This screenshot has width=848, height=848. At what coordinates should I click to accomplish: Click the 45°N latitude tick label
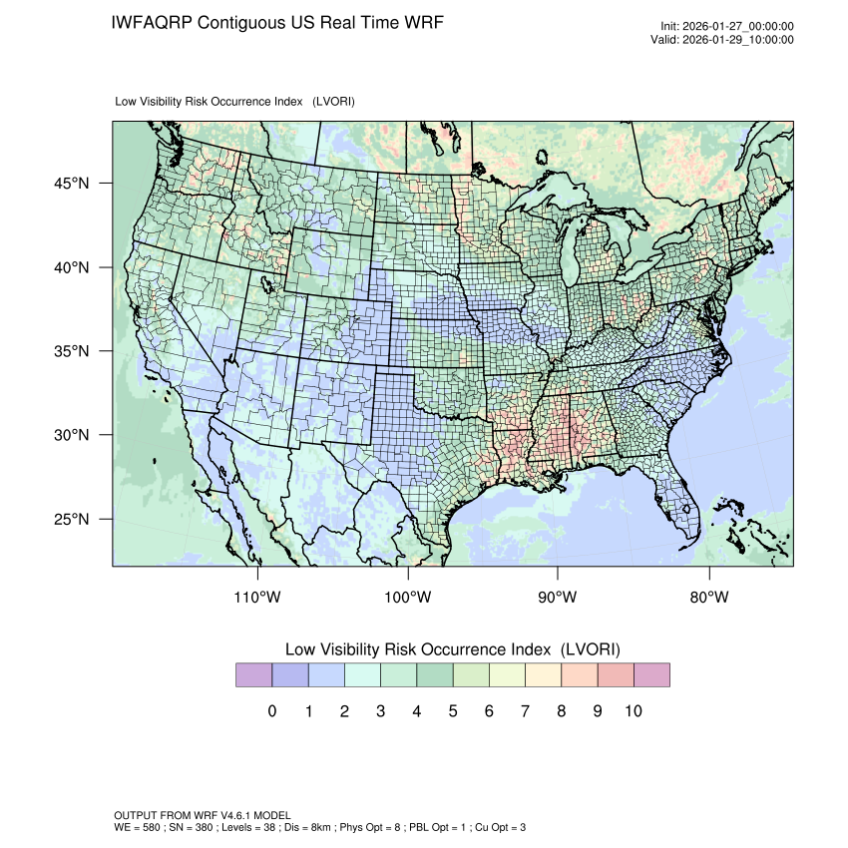click(x=75, y=184)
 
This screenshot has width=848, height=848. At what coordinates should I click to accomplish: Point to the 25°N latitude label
click(x=75, y=520)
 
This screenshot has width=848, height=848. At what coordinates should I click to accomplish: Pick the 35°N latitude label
click(x=75, y=352)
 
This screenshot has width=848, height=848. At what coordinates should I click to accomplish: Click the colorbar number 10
click(x=633, y=711)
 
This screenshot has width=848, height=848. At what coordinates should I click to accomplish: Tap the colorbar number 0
click(x=271, y=711)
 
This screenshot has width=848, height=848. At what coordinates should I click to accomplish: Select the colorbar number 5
click(x=452, y=711)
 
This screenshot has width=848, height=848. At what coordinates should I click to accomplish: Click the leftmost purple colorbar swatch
click(x=253, y=675)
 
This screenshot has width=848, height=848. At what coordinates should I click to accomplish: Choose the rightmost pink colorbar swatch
click(x=651, y=675)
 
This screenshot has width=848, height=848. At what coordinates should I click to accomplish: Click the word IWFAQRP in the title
click(x=153, y=22)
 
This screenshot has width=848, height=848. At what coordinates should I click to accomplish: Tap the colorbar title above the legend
click(x=452, y=649)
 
